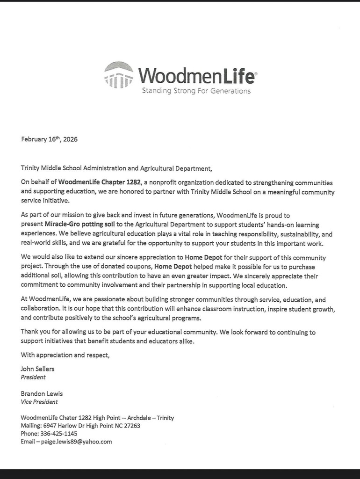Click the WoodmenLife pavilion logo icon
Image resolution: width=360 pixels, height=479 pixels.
119,75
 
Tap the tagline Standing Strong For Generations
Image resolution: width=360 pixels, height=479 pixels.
196,91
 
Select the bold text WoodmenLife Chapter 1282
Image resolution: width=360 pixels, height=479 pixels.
100,182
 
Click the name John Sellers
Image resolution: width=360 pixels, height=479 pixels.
37,369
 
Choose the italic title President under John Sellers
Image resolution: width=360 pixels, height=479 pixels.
33,377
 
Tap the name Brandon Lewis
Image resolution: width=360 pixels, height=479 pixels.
42,393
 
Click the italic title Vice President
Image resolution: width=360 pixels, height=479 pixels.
39,402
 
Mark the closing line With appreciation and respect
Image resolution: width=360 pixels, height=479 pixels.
65,355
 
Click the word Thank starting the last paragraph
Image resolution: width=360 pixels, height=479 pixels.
30,332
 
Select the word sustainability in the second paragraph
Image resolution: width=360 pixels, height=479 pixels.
285,234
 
